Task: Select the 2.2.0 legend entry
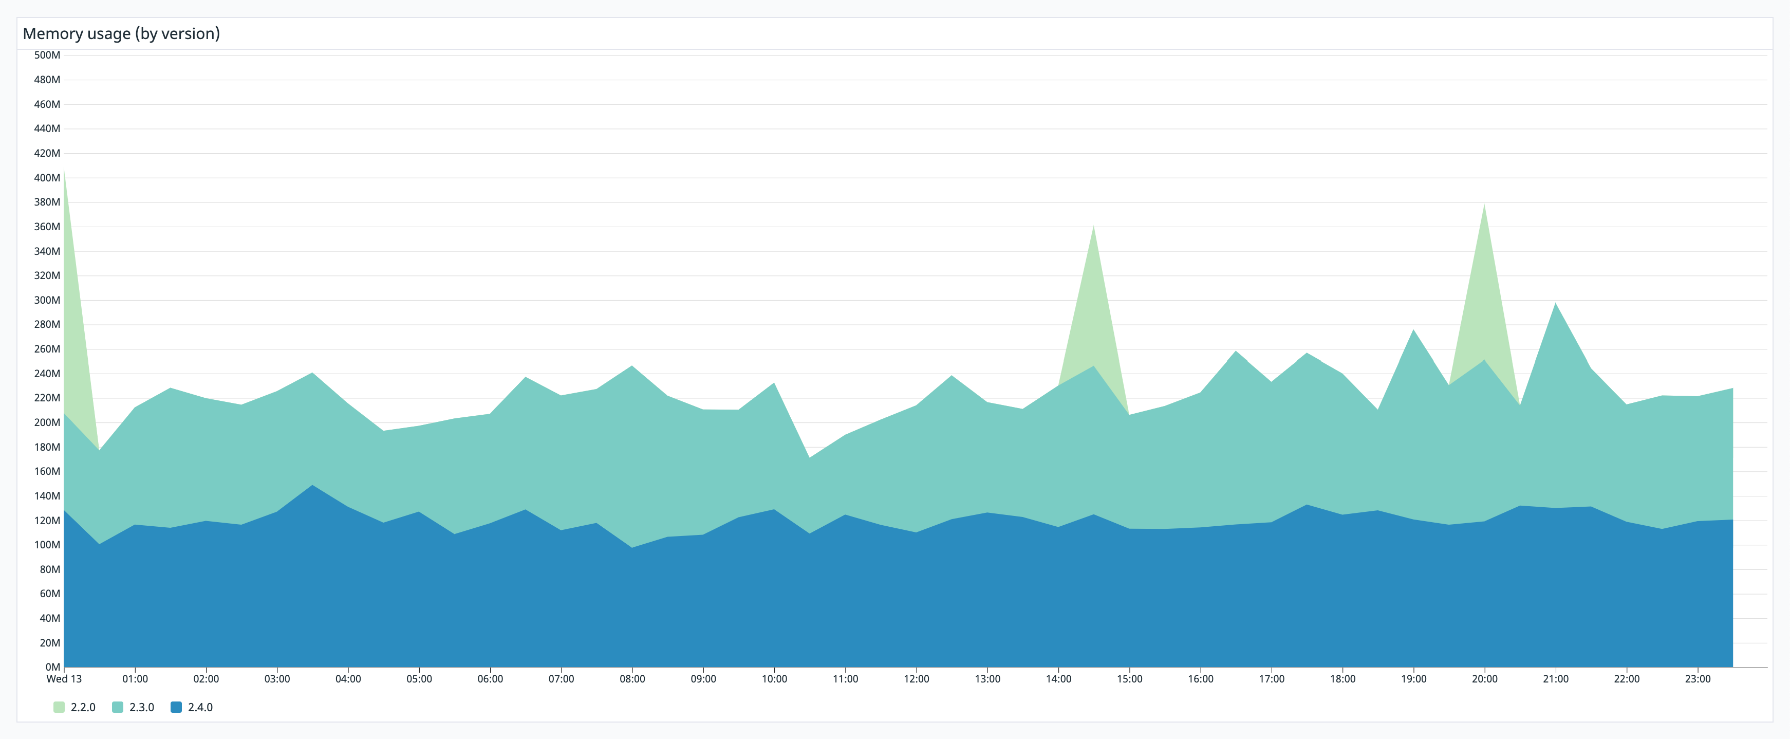(x=74, y=707)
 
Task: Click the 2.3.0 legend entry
(x=134, y=707)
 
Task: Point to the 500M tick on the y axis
(x=47, y=55)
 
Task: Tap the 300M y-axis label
(x=47, y=300)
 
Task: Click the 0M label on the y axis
(x=52, y=667)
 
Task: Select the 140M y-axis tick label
(x=47, y=496)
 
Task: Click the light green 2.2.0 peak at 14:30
(x=1093, y=229)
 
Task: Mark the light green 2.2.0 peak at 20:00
(x=1484, y=207)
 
